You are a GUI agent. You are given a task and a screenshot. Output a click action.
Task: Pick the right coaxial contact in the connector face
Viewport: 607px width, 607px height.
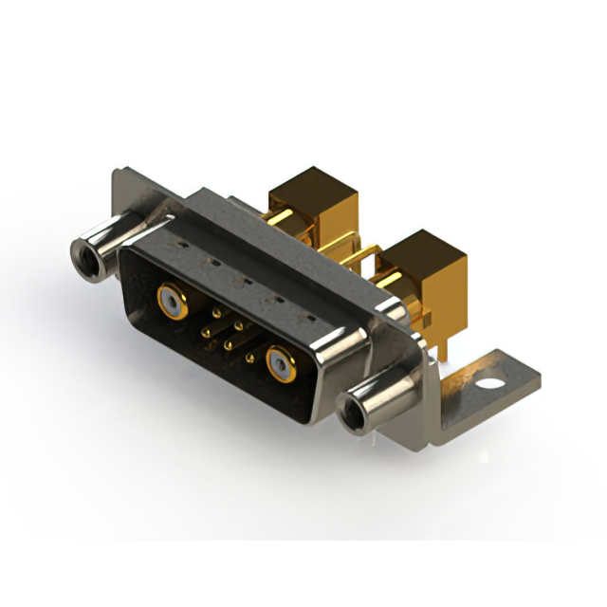(x=280, y=362)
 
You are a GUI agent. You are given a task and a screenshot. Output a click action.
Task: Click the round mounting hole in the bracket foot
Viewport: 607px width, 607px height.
(x=490, y=386)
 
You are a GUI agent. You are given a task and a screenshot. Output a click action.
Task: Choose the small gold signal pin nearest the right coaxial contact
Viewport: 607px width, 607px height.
(x=250, y=358)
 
